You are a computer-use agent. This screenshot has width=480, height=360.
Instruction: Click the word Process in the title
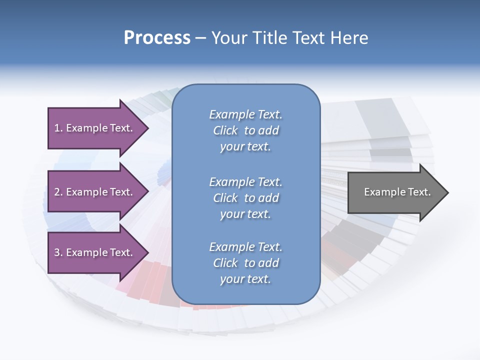click(157, 38)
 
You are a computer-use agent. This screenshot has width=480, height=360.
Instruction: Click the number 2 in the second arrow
click(57, 192)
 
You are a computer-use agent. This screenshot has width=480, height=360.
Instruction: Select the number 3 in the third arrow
click(57, 253)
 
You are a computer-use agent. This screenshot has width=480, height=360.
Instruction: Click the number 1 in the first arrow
click(57, 128)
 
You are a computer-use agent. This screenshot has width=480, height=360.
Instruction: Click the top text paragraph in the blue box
click(245, 130)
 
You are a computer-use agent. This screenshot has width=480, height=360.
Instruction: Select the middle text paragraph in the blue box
click(245, 197)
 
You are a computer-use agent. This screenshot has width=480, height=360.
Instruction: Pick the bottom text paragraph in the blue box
click(245, 263)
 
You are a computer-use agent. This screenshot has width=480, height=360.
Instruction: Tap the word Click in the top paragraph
click(225, 130)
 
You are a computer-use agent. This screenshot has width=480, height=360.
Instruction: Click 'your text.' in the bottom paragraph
click(245, 279)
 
